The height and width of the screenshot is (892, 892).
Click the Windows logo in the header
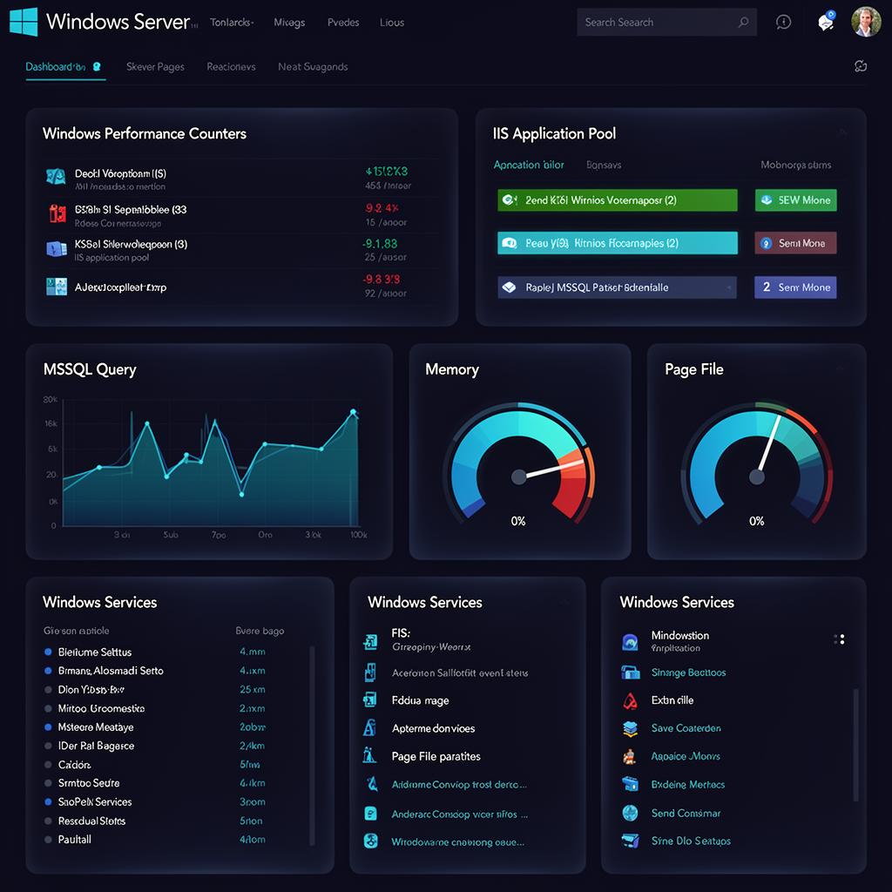tap(24, 22)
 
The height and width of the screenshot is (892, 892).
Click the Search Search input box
tap(658, 23)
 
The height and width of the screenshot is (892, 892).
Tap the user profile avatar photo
tap(865, 22)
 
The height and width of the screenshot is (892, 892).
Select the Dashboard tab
tap(56, 66)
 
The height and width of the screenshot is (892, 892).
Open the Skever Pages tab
tap(155, 66)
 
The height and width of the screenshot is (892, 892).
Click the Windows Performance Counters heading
tap(145, 133)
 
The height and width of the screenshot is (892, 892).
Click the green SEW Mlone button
tap(795, 200)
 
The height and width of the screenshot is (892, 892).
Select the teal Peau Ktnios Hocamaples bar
tap(617, 243)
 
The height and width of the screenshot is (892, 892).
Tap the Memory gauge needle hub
tap(519, 476)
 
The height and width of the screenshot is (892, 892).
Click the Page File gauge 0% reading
tap(756, 521)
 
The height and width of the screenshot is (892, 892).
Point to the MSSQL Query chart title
tap(90, 369)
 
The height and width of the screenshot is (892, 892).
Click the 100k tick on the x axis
tap(358, 535)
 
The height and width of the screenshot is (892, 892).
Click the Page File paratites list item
tap(436, 756)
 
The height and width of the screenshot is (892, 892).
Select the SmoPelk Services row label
tap(95, 801)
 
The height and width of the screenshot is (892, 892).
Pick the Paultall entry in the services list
tap(75, 839)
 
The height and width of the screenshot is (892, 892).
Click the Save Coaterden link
tap(686, 728)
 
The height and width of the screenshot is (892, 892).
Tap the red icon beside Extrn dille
tap(631, 700)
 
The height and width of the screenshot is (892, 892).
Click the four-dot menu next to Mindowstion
tap(839, 639)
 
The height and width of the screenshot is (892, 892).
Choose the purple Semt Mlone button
tap(795, 287)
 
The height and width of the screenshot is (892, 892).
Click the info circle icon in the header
tap(783, 23)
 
